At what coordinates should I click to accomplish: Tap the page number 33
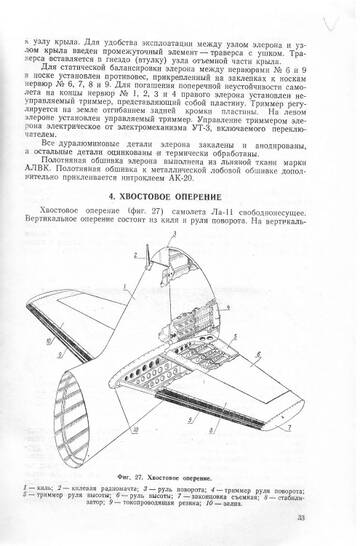(330, 517)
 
